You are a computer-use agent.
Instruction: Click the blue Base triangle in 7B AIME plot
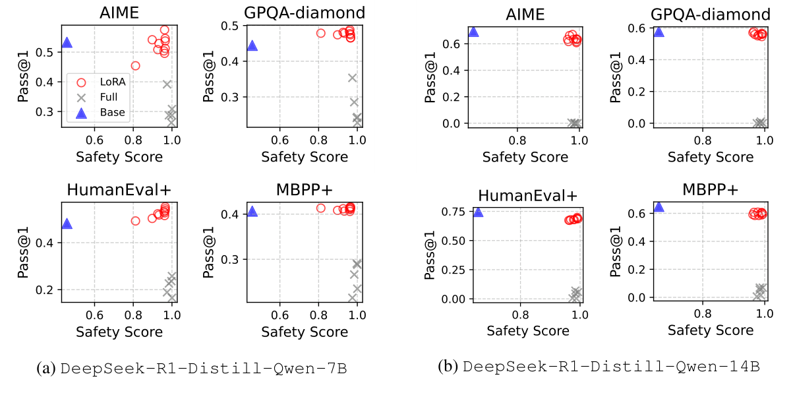click(67, 43)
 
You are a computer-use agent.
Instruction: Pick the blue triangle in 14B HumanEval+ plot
click(478, 212)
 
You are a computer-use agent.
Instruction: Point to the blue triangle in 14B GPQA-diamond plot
click(659, 31)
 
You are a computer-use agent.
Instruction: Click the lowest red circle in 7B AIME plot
click(135, 66)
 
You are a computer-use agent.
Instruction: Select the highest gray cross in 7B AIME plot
click(167, 84)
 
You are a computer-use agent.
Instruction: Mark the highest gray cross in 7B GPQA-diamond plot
click(353, 78)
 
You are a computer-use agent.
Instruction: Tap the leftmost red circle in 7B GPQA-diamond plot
click(321, 33)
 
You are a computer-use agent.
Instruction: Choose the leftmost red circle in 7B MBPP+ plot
click(321, 208)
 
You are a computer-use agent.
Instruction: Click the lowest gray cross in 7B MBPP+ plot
click(353, 298)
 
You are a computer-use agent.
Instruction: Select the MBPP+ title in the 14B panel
click(710, 189)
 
